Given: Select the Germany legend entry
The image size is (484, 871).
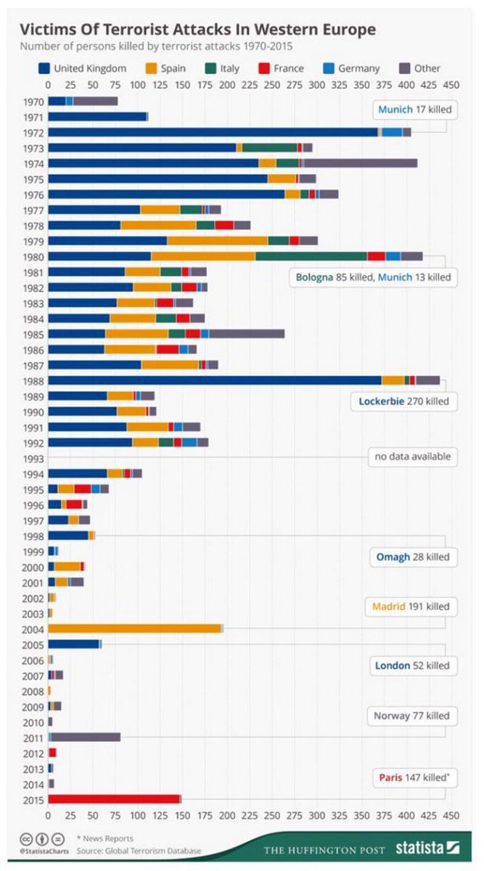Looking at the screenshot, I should [350, 69].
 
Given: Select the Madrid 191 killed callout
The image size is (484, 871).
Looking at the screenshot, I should [410, 606].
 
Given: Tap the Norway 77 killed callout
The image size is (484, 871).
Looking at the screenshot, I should [411, 716].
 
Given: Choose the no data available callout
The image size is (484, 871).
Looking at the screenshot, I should [412, 457].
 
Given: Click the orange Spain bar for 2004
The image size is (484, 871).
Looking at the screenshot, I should [134, 629].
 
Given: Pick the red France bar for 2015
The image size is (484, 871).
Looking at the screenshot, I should [113, 799].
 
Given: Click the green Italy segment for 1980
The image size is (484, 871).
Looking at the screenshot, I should [311, 256].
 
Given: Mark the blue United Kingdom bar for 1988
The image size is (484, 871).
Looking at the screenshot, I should [215, 380].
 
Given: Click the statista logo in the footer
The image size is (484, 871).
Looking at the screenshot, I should [427, 848].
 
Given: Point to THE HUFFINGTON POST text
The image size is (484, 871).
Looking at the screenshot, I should [324, 849].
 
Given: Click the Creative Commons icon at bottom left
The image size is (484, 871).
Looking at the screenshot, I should [26, 838].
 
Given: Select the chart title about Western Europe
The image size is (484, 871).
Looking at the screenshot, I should [197, 30].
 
